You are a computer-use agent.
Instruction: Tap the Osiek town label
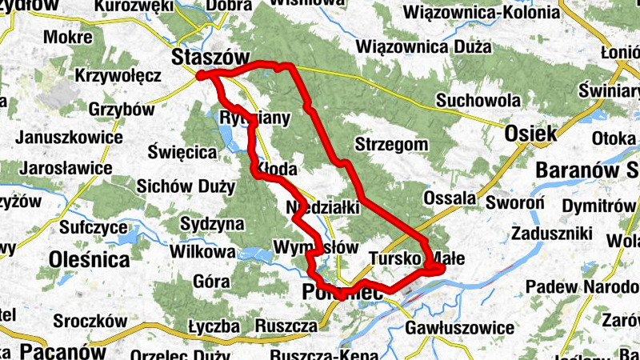[x=530, y=134]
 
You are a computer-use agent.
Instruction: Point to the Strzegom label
[x=392, y=145]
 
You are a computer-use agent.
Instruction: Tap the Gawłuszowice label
[x=459, y=328]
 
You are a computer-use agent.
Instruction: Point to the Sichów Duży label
[x=186, y=187]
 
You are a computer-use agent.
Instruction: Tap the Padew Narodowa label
[x=582, y=286]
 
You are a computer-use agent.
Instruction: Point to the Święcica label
[x=183, y=151]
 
